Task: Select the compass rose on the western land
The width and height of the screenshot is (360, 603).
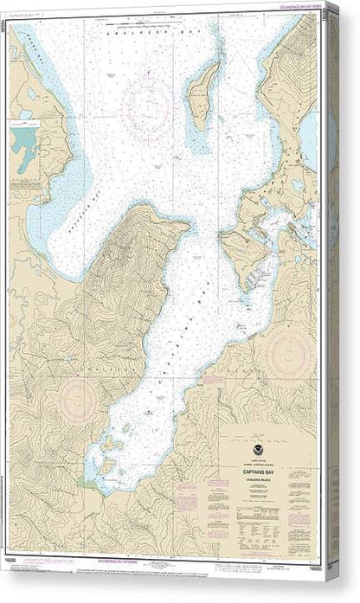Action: (x=79, y=400)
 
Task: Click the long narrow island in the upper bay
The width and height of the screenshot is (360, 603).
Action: (x=203, y=96)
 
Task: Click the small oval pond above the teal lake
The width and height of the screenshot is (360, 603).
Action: (x=32, y=93)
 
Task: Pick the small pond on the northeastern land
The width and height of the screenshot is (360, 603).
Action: (x=299, y=184)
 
